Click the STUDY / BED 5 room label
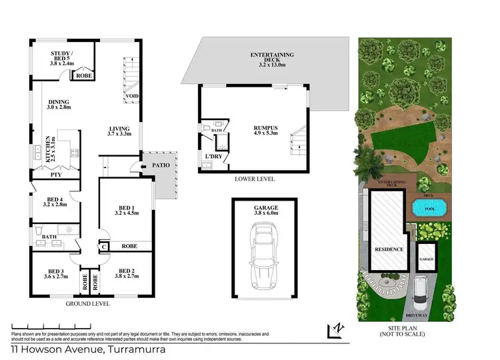(x=67, y=56)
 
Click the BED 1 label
(x=125, y=211)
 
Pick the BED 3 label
(x=55, y=274)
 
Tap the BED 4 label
(x=55, y=201)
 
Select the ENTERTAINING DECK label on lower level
(x=271, y=60)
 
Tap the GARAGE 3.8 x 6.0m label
(x=265, y=211)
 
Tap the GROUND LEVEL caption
(x=88, y=303)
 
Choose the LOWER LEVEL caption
(x=255, y=179)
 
